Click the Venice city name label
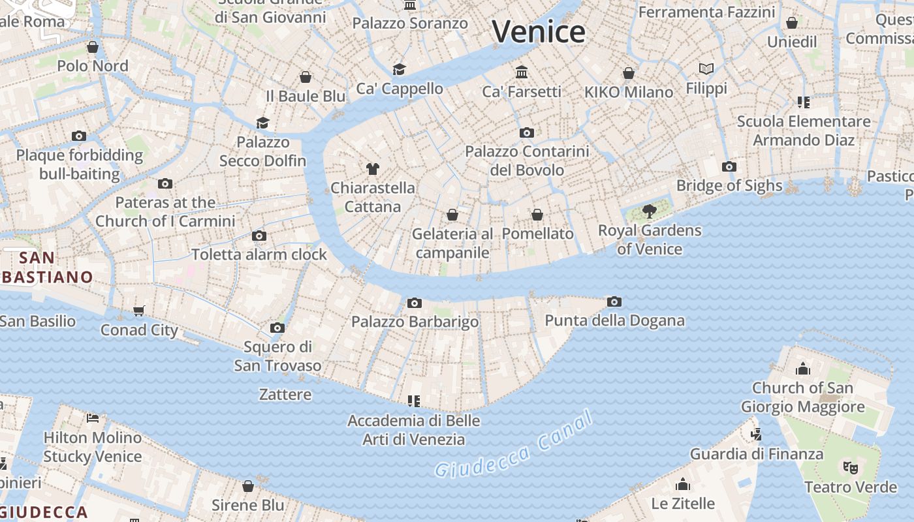click(x=539, y=31)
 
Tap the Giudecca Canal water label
click(x=515, y=444)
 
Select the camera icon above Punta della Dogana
click(x=614, y=301)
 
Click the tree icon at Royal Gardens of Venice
click(x=649, y=211)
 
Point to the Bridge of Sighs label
click(x=729, y=185)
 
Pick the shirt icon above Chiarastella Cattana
click(x=372, y=169)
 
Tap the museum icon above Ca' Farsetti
click(x=521, y=72)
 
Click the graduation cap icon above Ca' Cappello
click(x=399, y=69)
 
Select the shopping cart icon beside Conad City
click(x=138, y=311)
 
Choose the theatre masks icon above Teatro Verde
click(x=850, y=467)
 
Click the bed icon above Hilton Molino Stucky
click(x=93, y=418)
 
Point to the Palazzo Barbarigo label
click(x=415, y=322)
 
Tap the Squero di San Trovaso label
click(x=277, y=356)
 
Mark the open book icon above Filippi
click(x=706, y=69)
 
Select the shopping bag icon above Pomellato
click(x=537, y=214)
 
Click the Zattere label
click(x=285, y=394)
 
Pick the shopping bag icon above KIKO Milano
click(x=629, y=72)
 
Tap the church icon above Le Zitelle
click(x=683, y=484)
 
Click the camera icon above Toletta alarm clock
click(x=259, y=236)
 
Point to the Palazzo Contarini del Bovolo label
click(x=527, y=161)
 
